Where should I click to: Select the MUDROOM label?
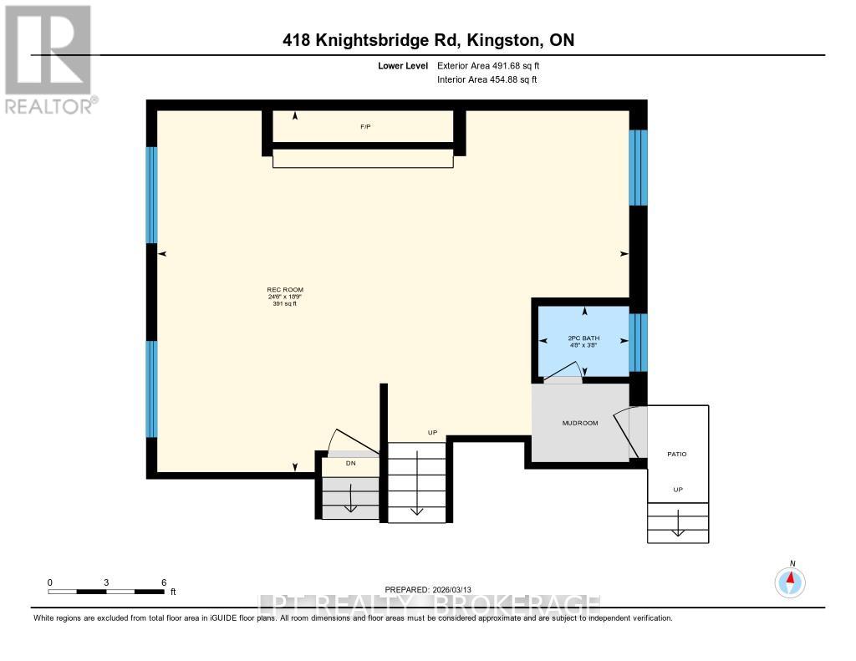tap(579, 423)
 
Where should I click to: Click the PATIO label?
tap(676, 454)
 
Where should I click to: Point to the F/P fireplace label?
tap(365, 127)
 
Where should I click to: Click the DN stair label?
tap(351, 461)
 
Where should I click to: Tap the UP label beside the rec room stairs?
tap(432, 432)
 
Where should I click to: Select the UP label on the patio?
tap(678, 490)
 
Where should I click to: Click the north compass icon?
tap(790, 581)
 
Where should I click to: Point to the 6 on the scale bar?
tap(164, 582)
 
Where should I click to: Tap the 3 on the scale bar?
tap(107, 582)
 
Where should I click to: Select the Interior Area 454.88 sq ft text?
tap(487, 80)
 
